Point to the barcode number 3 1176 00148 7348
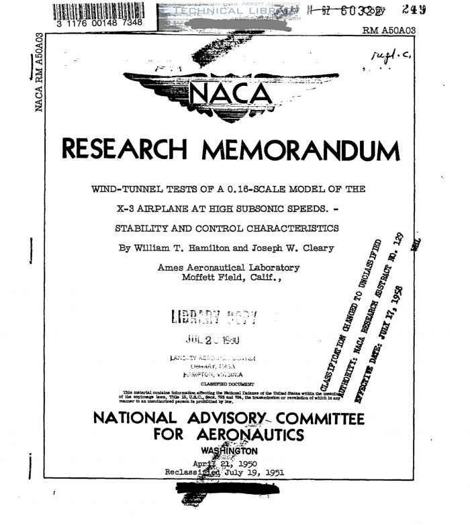point(100,23)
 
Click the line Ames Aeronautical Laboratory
point(228,267)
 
